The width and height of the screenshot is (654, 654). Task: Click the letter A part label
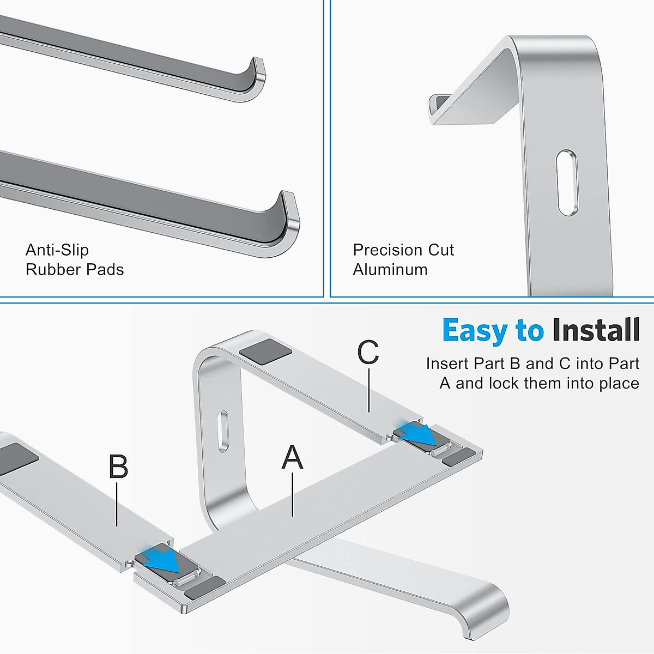(292, 457)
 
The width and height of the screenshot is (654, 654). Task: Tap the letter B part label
(118, 467)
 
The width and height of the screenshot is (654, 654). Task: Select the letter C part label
(368, 353)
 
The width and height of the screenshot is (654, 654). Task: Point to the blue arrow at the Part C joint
(420, 434)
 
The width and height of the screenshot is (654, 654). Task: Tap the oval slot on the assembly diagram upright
(222, 431)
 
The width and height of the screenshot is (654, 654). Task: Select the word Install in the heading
(595, 331)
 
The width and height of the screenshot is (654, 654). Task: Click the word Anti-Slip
(57, 250)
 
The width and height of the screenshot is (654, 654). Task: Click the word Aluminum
(390, 270)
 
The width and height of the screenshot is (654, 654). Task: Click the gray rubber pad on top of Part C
(265, 349)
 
